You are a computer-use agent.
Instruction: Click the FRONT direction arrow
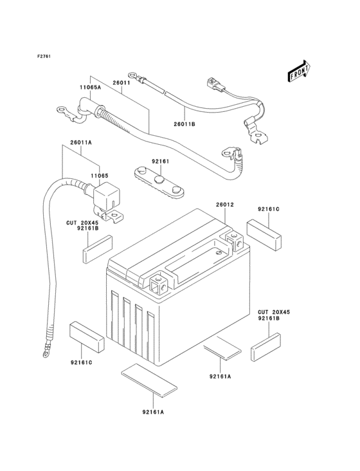tap(299, 71)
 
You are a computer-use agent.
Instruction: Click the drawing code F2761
tap(44, 56)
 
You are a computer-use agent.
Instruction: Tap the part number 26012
tap(225, 205)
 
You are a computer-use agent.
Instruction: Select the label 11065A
tap(90, 88)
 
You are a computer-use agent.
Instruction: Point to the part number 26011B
tap(184, 124)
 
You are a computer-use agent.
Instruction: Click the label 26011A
tap(81, 143)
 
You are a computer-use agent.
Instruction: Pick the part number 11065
tap(100, 176)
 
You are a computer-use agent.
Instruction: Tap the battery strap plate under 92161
tap(159, 183)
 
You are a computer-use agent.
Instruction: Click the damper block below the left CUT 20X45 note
tap(98, 249)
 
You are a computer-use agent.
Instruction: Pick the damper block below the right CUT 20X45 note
tap(265, 346)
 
